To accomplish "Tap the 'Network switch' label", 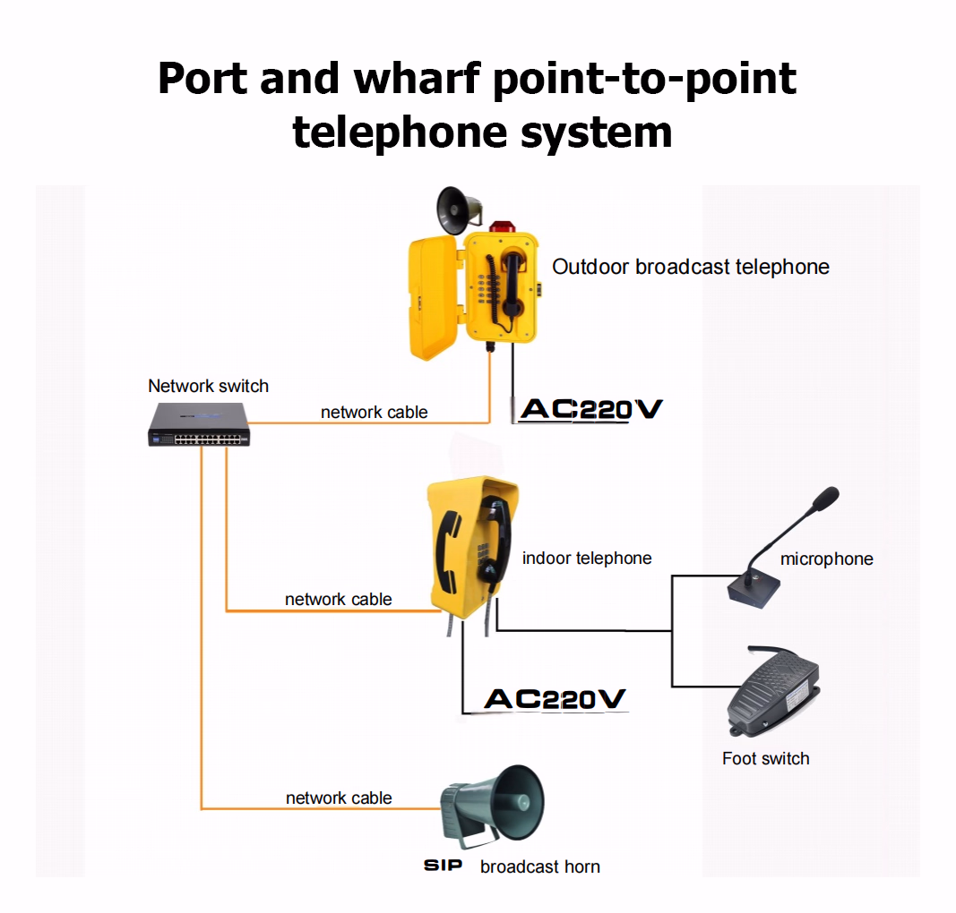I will click(x=208, y=386).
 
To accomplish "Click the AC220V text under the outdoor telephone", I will click(x=591, y=410).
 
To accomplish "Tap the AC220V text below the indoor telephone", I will click(x=555, y=699).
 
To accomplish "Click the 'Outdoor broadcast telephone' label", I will click(x=690, y=267).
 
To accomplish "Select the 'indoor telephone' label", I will click(x=587, y=559).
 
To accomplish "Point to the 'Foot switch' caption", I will click(x=765, y=759).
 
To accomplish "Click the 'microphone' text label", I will click(x=826, y=559).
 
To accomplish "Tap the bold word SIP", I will click(x=444, y=866).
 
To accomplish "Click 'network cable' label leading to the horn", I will click(x=339, y=798).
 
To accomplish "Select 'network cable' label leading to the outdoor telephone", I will click(x=375, y=413).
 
